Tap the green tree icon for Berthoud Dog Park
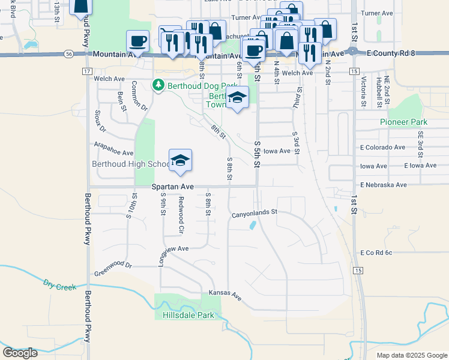coord(158,85)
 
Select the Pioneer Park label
coord(403,122)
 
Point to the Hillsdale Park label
coord(188,314)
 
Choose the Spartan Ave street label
coord(172,187)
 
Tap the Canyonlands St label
coord(255,212)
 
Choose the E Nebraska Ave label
coord(384,185)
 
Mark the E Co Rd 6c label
coord(376,253)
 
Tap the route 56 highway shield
coord(71,54)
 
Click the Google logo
coord(20,353)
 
